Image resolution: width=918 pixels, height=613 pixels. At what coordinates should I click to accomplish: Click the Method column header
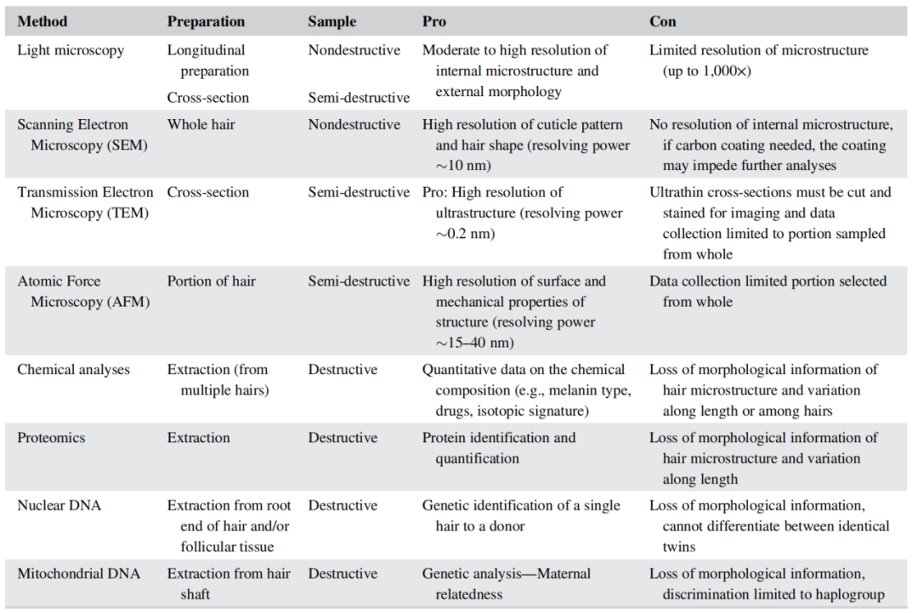(x=42, y=21)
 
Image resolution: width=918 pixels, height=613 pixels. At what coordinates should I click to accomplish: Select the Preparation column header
(x=206, y=21)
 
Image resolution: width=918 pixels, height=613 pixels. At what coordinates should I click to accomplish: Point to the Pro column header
(x=434, y=21)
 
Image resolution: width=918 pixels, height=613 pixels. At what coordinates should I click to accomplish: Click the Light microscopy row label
(x=71, y=50)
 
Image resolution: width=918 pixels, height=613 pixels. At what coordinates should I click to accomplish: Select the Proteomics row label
(x=51, y=438)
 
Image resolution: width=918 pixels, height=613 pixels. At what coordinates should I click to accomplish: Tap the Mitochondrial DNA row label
(x=79, y=574)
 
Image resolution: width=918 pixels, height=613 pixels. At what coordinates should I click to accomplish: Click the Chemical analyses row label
(x=73, y=370)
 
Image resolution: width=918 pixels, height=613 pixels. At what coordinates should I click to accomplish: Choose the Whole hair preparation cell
(x=201, y=125)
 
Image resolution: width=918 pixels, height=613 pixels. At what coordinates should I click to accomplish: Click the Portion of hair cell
(x=211, y=281)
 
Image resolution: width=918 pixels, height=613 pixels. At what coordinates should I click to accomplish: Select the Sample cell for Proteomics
(x=343, y=438)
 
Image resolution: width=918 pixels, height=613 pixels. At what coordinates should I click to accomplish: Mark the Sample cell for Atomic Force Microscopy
(x=359, y=281)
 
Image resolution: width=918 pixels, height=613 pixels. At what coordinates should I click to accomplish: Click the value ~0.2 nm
(x=466, y=234)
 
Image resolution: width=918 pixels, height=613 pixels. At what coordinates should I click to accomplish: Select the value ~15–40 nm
(x=474, y=343)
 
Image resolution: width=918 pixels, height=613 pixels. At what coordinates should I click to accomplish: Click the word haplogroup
(x=847, y=594)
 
